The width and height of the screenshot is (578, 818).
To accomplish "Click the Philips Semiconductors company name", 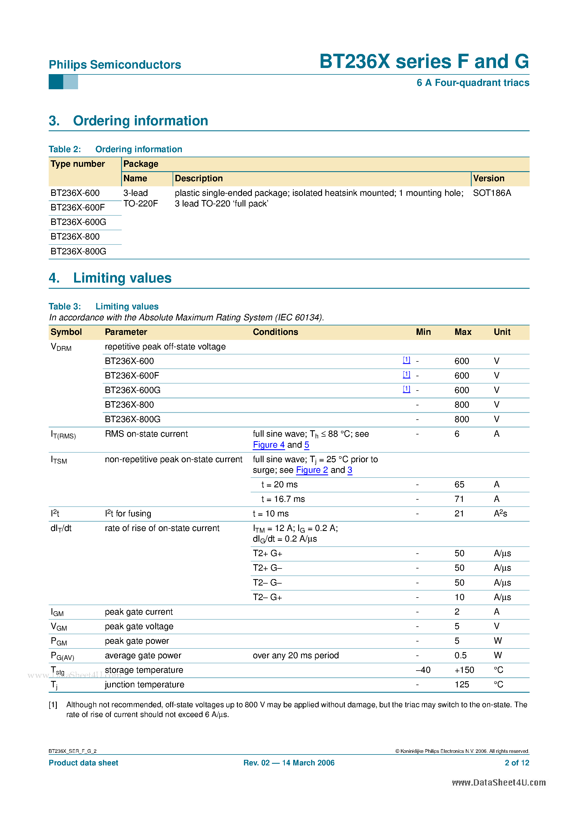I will coord(115,65).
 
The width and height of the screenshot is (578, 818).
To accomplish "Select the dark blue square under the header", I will coord(56,82).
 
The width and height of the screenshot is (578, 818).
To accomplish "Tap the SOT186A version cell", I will coord(492,193).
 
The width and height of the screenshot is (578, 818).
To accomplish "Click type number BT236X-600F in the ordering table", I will coord(78,207).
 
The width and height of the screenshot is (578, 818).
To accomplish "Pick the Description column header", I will coord(198,178).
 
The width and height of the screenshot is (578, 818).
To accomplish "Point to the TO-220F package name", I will coord(140,204).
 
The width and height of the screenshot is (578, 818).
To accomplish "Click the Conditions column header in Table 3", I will coord(275,332).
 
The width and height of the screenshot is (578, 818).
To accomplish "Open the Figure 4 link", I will coord(268,445).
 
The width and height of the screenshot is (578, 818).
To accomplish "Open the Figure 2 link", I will coord(312,470).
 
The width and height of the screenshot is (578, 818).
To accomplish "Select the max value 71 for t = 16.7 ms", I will coord(459,499).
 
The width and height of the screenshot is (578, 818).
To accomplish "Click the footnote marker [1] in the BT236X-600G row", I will coord(406,389).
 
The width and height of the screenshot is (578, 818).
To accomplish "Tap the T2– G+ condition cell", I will coord(267,598).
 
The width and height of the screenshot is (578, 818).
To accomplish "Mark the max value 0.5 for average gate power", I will coord(460,655).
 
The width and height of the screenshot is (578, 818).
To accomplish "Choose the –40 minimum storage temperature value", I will coord(423,670).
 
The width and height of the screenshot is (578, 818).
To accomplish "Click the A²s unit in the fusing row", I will coord(500,514).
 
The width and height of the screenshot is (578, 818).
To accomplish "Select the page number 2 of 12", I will coord(517,763).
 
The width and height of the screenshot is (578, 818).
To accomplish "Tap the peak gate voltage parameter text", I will coord(139,626).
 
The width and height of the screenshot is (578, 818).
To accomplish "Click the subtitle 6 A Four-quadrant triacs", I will coord(473,83).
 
